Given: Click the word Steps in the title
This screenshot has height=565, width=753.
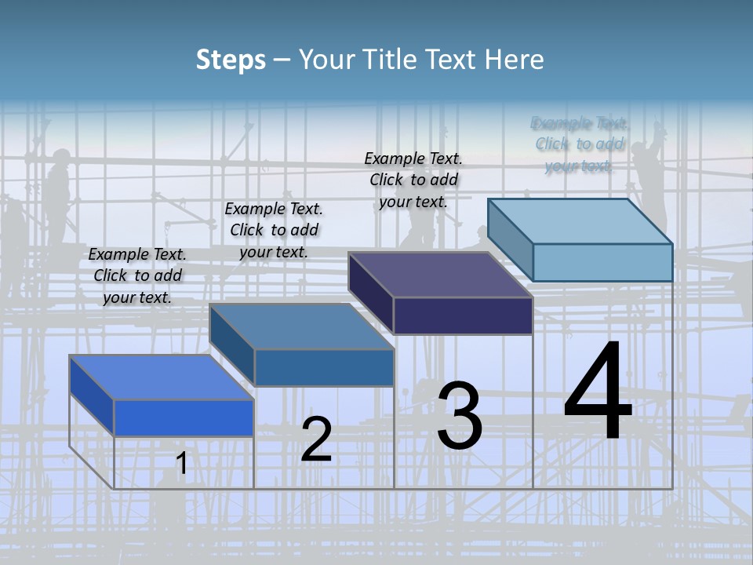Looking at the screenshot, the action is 231,60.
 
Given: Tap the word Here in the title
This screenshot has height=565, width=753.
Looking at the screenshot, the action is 514,60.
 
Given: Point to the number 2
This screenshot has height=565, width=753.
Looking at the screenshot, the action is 316,439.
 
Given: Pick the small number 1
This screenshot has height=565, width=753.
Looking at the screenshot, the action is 182,464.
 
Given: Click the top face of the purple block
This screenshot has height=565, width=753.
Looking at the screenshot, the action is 439,275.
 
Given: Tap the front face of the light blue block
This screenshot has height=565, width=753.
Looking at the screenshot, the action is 602,262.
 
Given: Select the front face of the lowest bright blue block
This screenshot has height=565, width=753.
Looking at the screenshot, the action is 184,417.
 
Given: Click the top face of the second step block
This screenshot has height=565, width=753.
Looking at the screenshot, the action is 302,326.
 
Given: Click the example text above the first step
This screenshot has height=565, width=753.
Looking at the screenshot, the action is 137,275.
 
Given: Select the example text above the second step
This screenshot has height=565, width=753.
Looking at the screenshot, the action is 274,230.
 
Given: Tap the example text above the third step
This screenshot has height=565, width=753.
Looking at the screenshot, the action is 413,180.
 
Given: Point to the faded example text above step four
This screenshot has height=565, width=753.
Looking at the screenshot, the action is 579,144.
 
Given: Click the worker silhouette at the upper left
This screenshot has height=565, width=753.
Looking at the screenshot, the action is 56,192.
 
